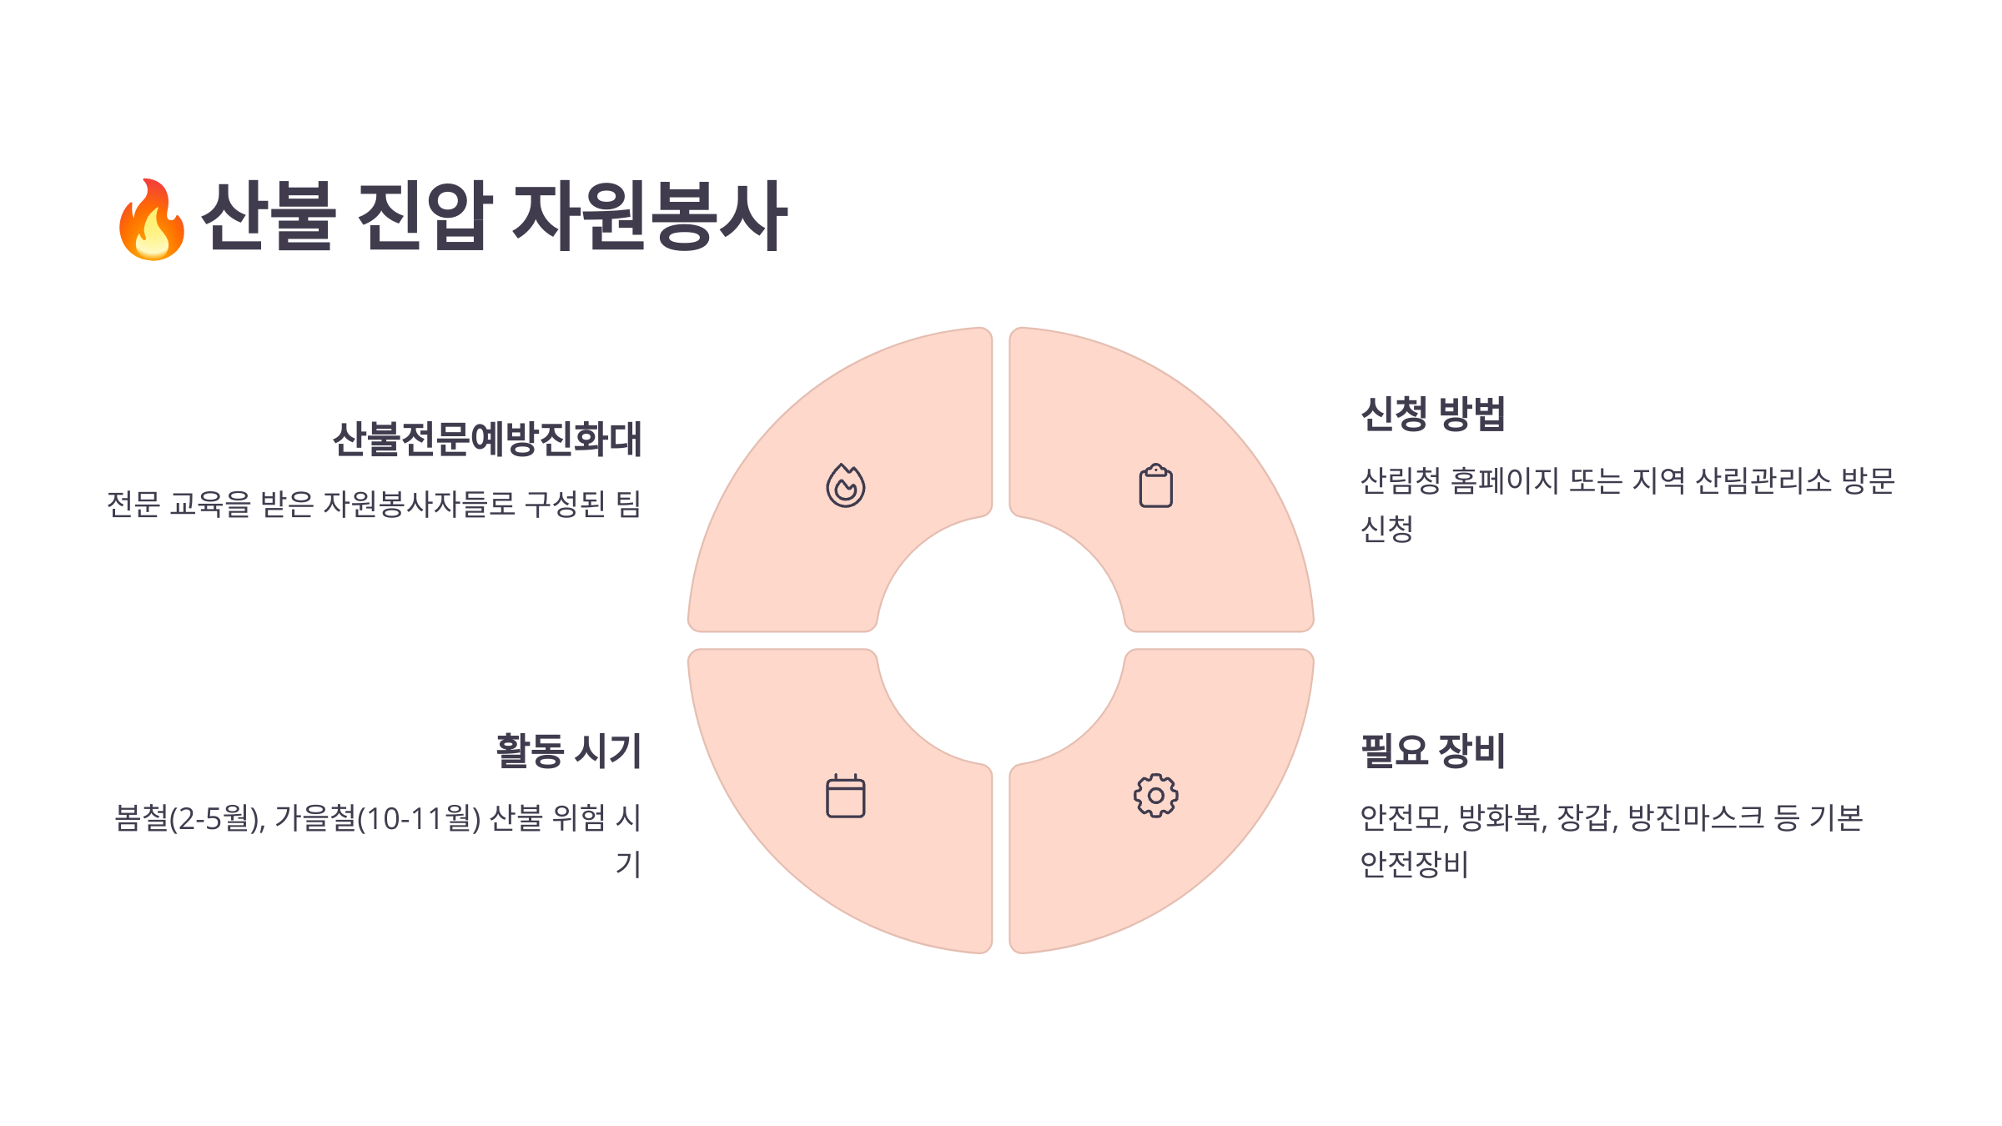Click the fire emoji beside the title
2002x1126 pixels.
pyautogui.click(x=151, y=219)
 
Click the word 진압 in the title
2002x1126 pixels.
pyautogui.click(x=425, y=216)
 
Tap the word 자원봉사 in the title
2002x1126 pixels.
pyautogui.click(x=649, y=216)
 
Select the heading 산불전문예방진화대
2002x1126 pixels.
pyautogui.click(x=487, y=439)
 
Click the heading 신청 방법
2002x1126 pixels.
pyautogui.click(x=1432, y=414)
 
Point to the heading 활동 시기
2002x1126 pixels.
pyautogui.click(x=568, y=751)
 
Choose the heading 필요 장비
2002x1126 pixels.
pyautogui.click(x=1432, y=751)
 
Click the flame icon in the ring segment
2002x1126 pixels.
pyautogui.click(x=845, y=485)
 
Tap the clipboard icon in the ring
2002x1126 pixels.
pyautogui.click(x=1155, y=485)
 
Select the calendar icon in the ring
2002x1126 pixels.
pyautogui.click(x=845, y=797)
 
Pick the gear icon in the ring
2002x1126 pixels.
pyautogui.click(x=1155, y=796)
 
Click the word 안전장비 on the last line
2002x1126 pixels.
pyautogui.click(x=1413, y=864)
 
